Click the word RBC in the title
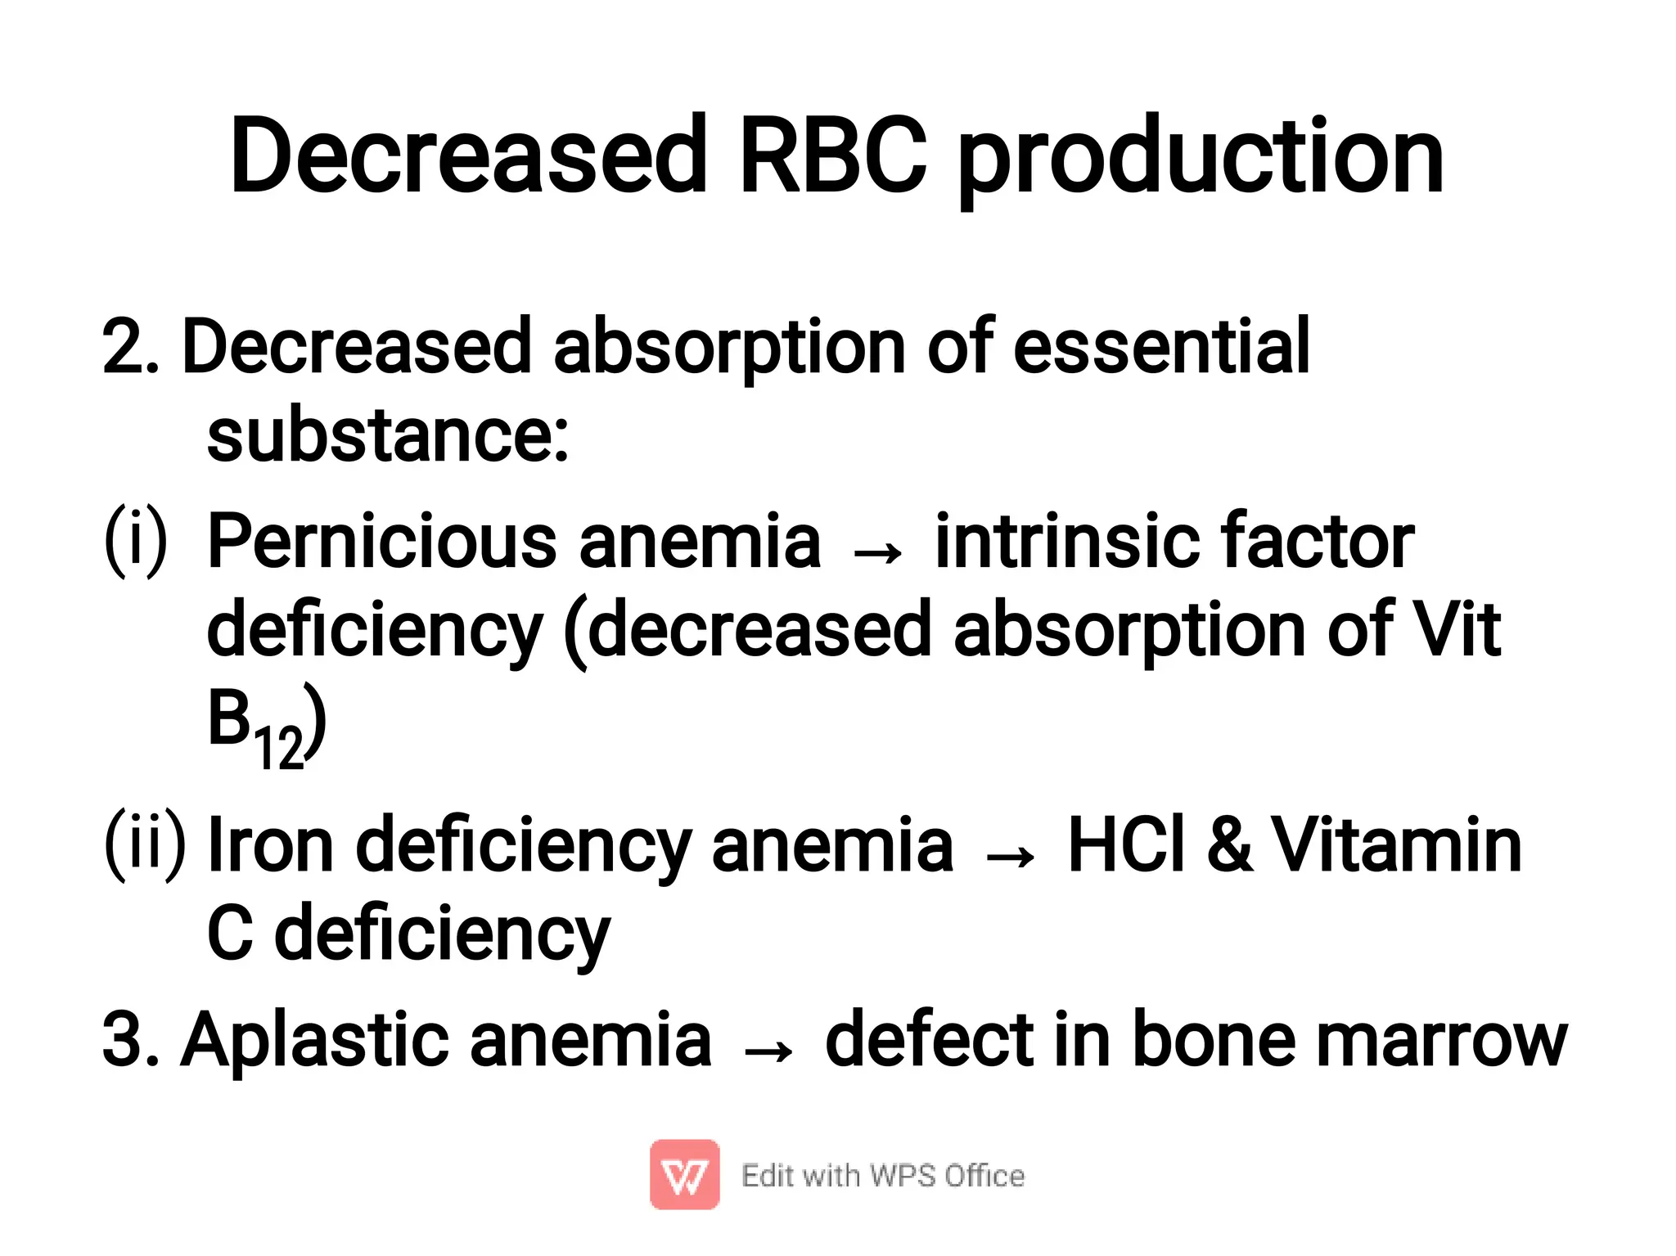coord(833,155)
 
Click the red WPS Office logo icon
coord(684,1174)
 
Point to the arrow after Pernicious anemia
coord(877,553)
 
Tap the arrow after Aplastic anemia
coord(768,1051)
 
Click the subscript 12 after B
coord(278,748)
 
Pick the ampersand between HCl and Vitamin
coord(1228,844)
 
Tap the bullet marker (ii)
coord(145,844)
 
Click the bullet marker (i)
coord(136,541)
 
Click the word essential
coord(1161,346)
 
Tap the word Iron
coord(271,844)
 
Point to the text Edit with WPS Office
coord(882,1176)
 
